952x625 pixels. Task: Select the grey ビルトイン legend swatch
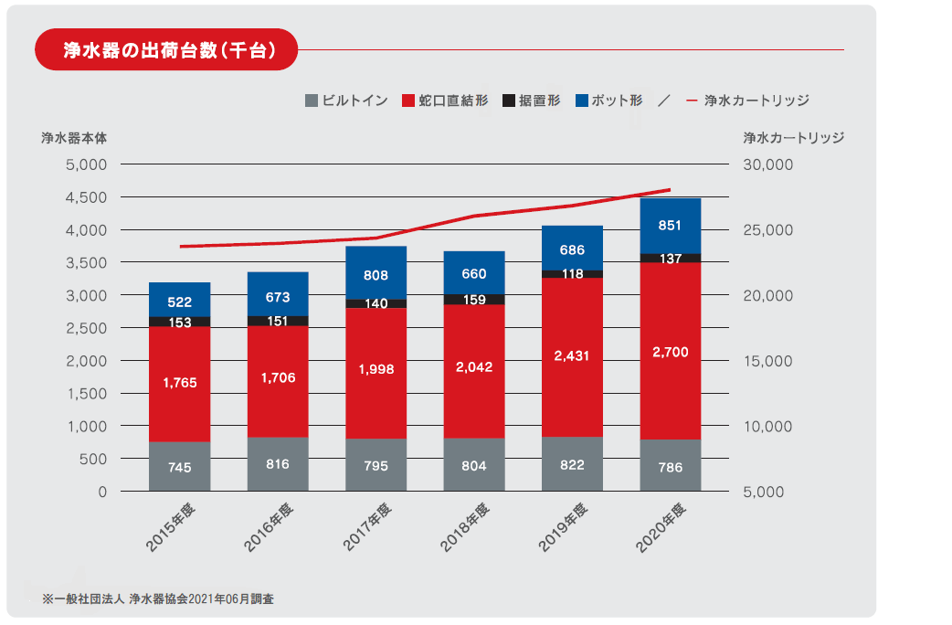[x=311, y=101]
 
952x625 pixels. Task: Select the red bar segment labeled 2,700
[x=671, y=351]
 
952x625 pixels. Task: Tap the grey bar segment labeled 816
[x=278, y=464]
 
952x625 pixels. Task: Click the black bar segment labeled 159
[x=474, y=299]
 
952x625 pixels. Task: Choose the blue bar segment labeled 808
[x=376, y=272]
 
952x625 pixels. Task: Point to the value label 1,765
[x=180, y=383]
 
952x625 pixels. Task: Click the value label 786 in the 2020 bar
[x=671, y=466]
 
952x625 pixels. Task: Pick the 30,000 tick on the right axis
[x=770, y=165]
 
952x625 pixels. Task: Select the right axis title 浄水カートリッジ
[x=792, y=138]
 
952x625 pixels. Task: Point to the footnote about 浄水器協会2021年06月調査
[x=158, y=599]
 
